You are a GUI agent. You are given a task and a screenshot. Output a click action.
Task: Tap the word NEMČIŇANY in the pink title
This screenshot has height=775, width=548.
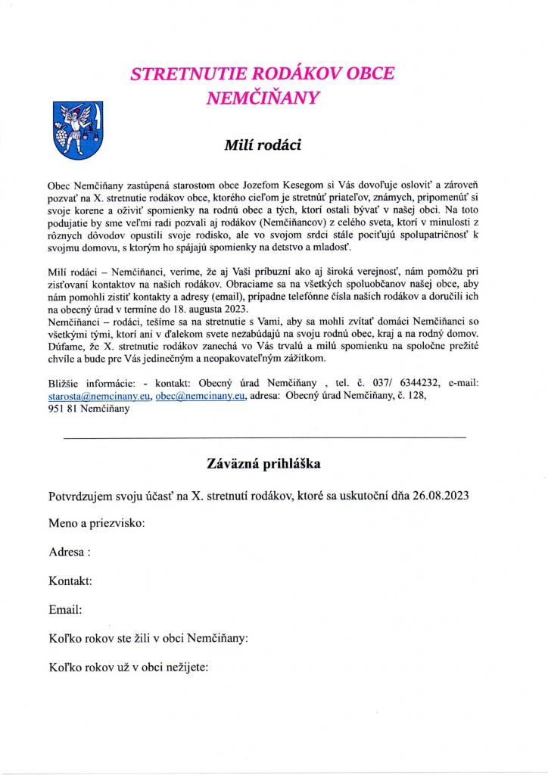click(263, 97)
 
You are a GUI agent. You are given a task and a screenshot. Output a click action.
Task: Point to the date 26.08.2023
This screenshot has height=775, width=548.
click(441, 496)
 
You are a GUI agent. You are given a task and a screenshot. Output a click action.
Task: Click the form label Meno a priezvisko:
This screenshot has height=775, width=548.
click(97, 524)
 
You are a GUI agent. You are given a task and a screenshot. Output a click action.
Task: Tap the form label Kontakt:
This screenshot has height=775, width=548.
click(70, 580)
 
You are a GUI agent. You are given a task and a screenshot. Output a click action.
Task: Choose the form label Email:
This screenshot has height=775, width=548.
click(65, 609)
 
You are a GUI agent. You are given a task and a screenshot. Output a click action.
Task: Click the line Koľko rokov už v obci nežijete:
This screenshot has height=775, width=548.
click(128, 667)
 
